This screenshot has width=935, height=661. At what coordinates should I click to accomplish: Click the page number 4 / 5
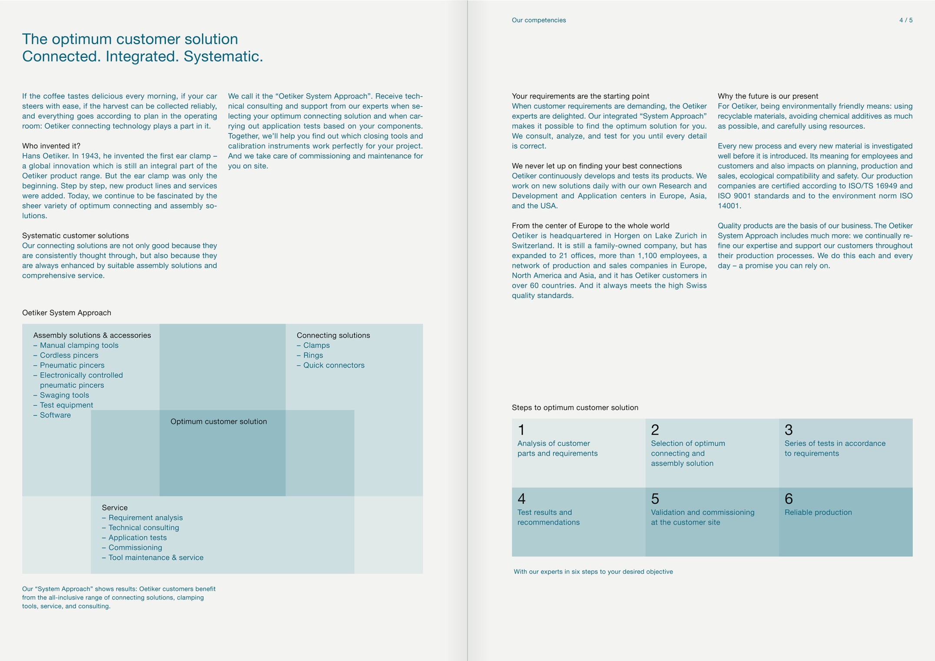tap(905, 20)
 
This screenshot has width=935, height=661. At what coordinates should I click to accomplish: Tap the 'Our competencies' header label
tap(538, 20)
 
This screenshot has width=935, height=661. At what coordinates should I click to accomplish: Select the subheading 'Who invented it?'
tap(51, 146)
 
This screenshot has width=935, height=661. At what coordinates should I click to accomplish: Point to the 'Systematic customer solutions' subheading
tap(76, 236)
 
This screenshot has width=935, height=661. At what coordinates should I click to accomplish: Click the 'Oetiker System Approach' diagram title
tap(66, 313)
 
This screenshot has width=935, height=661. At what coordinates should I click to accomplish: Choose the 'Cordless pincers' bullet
tap(69, 355)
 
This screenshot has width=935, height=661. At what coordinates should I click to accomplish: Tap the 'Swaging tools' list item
tap(64, 395)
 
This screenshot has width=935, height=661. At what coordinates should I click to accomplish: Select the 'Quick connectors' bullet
tap(334, 365)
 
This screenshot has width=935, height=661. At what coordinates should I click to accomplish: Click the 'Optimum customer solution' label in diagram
tap(219, 422)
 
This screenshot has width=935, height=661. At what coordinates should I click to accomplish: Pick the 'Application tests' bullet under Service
tap(137, 538)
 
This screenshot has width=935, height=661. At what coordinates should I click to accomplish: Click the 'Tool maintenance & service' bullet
tap(156, 558)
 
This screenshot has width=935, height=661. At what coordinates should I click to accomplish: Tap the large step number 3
tap(789, 430)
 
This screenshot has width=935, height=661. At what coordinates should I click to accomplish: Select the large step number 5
tap(655, 499)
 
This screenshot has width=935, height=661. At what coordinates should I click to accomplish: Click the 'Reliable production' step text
tap(818, 512)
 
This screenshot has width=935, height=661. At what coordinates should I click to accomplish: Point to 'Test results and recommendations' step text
tap(548, 517)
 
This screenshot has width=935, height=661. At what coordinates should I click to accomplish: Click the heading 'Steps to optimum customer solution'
tap(575, 408)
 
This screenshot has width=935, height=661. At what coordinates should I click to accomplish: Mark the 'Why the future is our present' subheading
tap(768, 96)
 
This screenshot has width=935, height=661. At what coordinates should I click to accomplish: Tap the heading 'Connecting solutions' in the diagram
tap(333, 335)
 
